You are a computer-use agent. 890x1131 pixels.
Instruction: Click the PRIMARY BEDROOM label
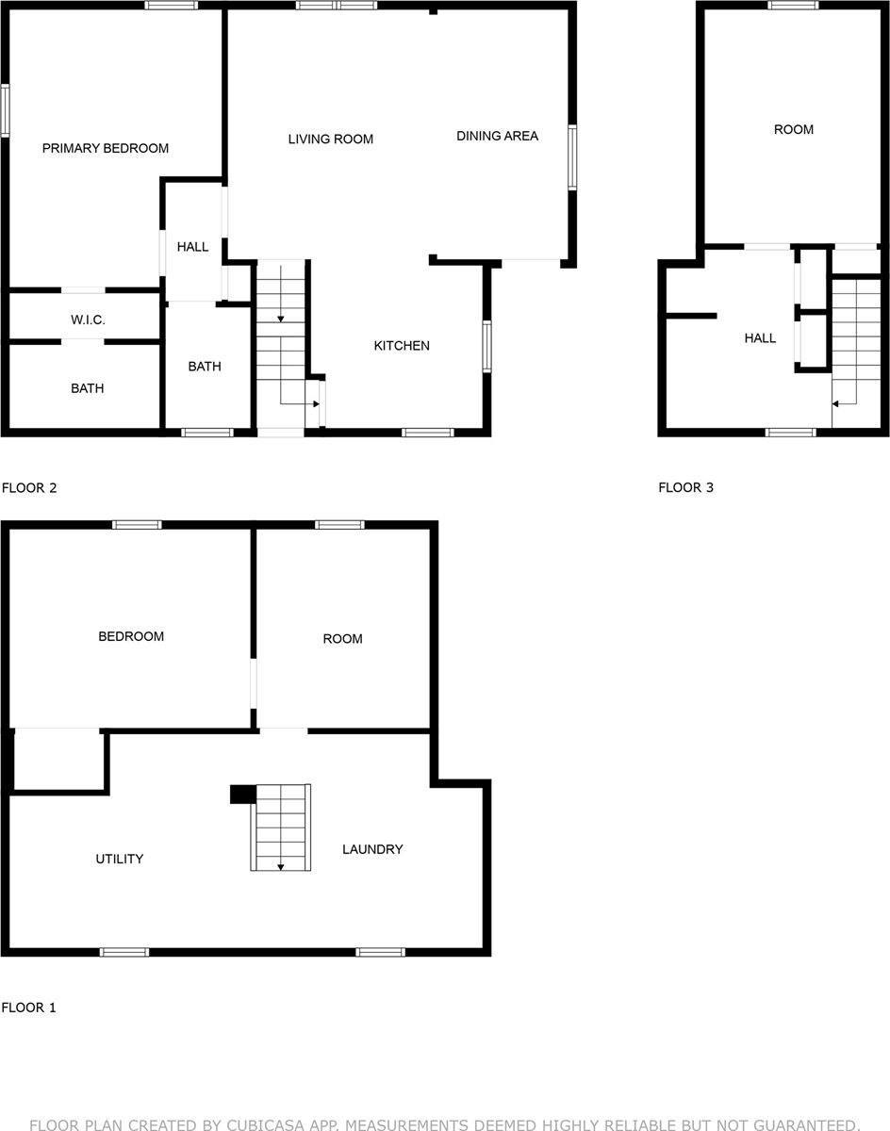coord(106,148)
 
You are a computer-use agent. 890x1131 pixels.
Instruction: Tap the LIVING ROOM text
coord(330,139)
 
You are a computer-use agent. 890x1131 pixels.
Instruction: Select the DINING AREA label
coord(497,136)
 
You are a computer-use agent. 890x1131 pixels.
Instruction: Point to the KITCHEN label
coord(402,346)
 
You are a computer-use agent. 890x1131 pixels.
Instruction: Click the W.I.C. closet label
coord(88,320)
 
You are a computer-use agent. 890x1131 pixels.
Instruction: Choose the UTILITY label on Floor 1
coord(120,859)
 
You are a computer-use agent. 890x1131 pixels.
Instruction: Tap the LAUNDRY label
coord(372,849)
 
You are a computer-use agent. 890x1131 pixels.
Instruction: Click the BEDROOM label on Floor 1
coord(131,636)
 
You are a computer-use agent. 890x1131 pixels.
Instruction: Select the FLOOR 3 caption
coord(685,487)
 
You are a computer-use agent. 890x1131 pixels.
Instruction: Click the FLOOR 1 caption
coord(29,1008)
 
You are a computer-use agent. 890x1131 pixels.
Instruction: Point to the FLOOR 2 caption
coord(29,488)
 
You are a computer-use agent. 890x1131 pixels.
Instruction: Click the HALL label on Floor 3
coord(760,337)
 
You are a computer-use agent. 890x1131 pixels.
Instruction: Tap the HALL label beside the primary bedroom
coord(192,247)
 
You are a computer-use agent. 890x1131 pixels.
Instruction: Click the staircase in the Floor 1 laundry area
coord(280,827)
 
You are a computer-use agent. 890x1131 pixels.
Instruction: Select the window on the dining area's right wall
coord(572,157)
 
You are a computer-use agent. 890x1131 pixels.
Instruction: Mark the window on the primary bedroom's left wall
coord(5,111)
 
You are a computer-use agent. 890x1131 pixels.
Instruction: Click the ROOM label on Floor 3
coord(793,129)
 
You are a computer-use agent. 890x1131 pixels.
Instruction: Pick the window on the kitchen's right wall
coord(487,346)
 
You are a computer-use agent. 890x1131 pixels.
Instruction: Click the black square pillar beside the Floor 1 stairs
coord(240,794)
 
